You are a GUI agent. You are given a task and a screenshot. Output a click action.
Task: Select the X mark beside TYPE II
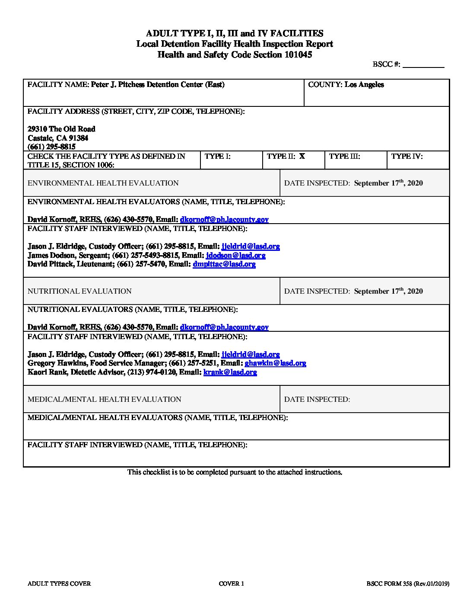tap(302, 156)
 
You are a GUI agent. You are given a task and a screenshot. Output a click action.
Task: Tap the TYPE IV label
tap(406, 156)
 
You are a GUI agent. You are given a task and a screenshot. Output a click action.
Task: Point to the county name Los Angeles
tap(364, 85)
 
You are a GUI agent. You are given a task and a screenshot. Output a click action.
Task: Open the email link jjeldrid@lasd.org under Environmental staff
tap(251, 247)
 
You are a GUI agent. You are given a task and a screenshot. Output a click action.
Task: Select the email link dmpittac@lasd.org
tap(224, 264)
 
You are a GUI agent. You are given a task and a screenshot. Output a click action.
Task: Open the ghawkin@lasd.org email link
tap(275, 363)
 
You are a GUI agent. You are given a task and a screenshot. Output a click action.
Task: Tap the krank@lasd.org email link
tap(230, 372)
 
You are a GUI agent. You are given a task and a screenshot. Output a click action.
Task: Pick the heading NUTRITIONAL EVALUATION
tap(79, 291)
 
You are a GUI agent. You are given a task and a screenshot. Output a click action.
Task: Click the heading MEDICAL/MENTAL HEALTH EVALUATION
tap(104, 399)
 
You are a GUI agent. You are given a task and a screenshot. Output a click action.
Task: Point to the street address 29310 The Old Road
tap(61, 129)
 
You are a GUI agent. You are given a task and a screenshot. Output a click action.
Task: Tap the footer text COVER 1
tap(231, 583)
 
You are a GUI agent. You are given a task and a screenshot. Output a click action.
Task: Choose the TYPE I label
tap(217, 156)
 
